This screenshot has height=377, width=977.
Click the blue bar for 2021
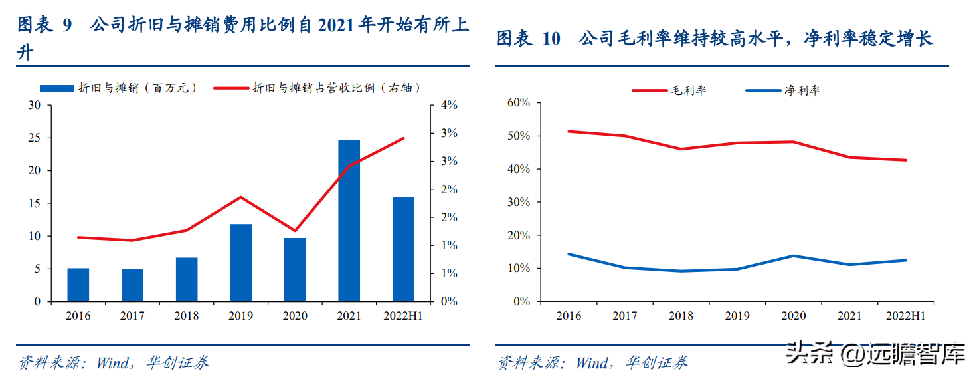coord(349,221)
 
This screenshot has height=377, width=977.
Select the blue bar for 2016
coord(78,285)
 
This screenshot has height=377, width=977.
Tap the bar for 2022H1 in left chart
coord(403,249)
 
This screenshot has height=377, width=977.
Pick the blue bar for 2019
coord(240,263)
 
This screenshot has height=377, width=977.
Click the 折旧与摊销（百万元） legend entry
coord(119,88)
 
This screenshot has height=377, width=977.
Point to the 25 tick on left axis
coord(35,138)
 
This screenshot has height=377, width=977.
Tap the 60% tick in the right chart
coord(517,102)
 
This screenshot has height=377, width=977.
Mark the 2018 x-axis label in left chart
coord(186,316)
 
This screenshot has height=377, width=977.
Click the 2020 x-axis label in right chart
coord(794,316)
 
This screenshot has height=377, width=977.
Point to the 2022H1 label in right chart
coord(905,316)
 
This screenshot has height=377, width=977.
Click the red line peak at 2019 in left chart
coord(240,197)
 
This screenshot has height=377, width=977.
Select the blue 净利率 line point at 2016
coord(569,254)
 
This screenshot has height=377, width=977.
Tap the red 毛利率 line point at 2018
coord(681,149)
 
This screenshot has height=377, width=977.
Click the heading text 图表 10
coord(529,39)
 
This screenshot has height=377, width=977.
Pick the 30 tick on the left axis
coord(35,106)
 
